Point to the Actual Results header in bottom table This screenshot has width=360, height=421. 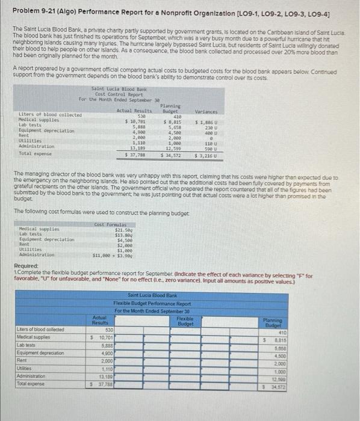(100, 321)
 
